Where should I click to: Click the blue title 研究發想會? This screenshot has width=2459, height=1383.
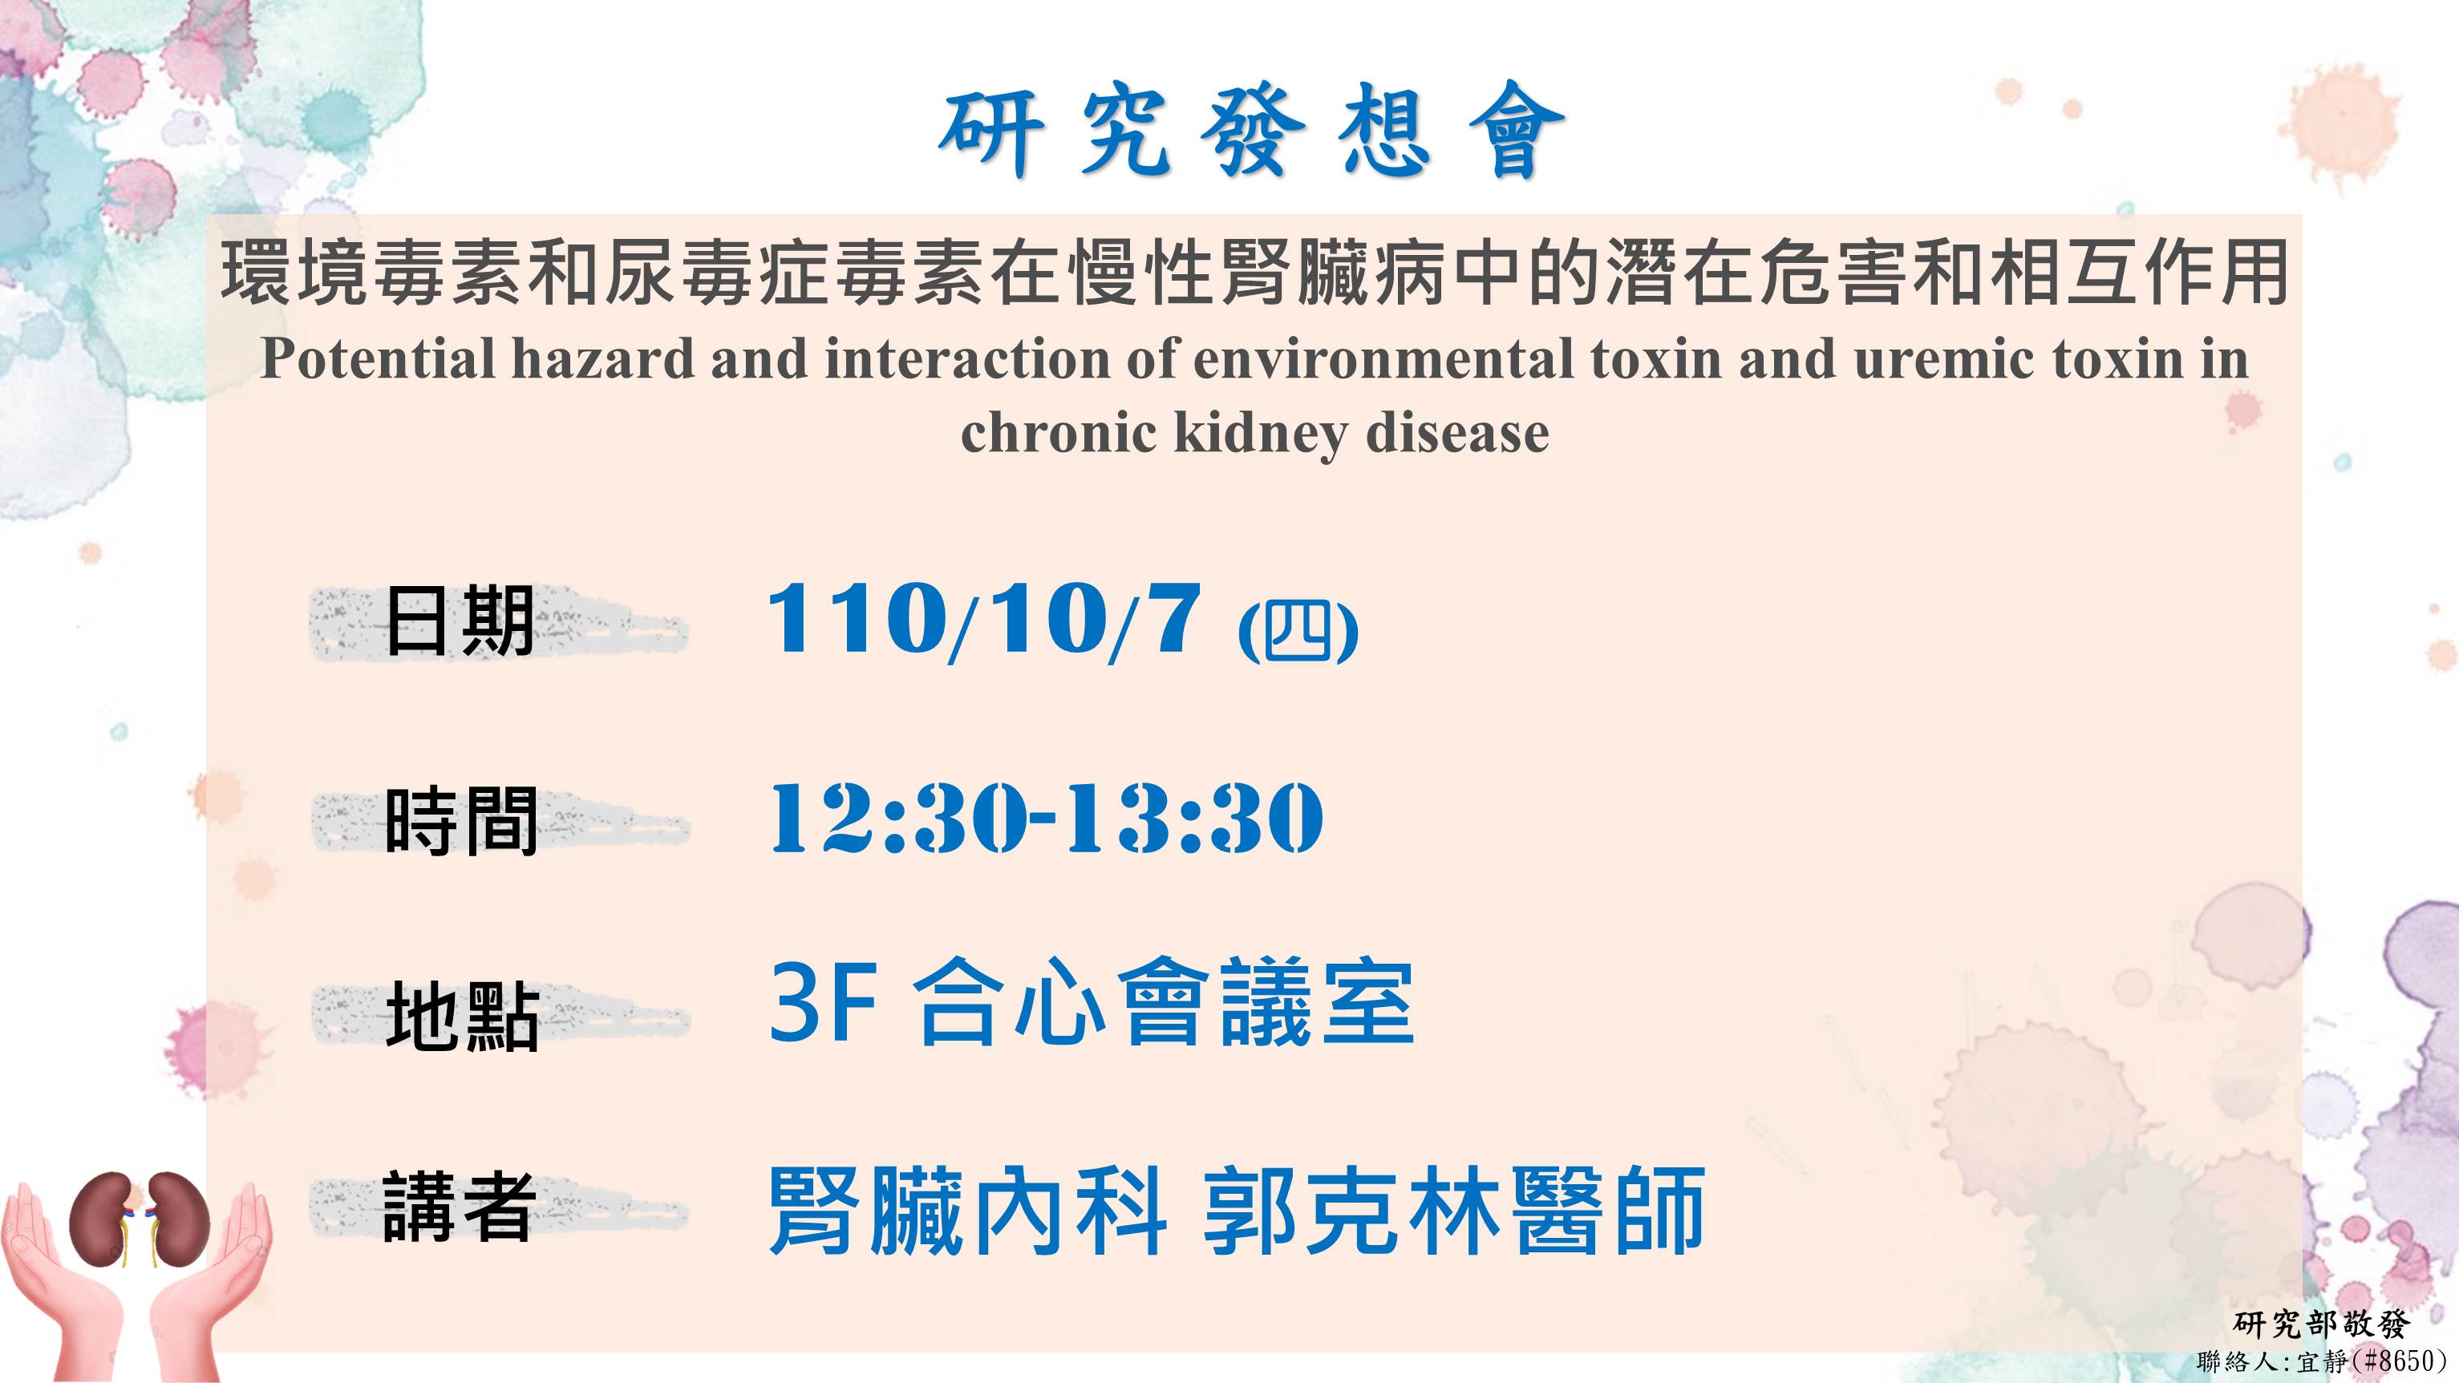click(1251, 131)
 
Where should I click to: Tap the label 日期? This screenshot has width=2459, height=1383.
click(459, 621)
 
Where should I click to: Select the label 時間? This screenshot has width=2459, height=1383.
click(461, 821)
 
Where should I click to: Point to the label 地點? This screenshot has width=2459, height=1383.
click(462, 1017)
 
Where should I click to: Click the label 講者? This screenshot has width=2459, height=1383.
click(457, 1207)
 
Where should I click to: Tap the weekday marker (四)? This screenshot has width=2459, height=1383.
click(1298, 631)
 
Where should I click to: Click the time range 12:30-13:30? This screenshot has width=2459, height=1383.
click(1046, 817)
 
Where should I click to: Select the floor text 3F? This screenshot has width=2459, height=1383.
click(823, 1002)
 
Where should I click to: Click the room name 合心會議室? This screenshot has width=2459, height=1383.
click(1164, 1002)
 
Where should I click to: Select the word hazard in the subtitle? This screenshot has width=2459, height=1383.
click(603, 359)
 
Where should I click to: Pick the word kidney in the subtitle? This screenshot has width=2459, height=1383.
click(1261, 435)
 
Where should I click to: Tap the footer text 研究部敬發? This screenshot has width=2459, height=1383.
click(2323, 1324)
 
